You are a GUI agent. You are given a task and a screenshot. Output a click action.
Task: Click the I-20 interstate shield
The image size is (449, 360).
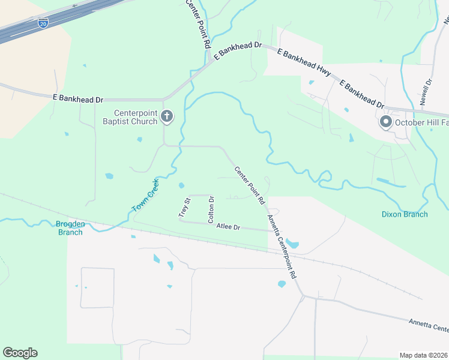pos(43,23)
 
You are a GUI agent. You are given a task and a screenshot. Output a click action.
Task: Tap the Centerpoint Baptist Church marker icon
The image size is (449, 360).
pos(167,116)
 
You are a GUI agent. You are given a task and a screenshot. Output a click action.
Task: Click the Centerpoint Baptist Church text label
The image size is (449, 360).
pos(136,117)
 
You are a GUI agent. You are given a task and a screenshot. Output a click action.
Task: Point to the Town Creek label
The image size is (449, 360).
pos(145,196)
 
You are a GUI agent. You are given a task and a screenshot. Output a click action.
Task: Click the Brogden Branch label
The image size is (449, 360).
pos(70,228)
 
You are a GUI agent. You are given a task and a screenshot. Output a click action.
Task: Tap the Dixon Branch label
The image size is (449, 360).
pos(405,214)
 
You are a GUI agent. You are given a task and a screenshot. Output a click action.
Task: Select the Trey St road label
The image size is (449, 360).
pos(183,207)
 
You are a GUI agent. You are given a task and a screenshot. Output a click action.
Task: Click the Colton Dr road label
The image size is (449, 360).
pos(211,209)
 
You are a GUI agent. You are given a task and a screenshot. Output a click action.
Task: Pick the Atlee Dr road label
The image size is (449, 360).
pos(228,227)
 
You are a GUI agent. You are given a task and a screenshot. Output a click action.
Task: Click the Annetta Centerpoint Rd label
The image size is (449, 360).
pos(282,246)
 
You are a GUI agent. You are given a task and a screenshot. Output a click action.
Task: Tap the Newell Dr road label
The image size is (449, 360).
pos(426,92)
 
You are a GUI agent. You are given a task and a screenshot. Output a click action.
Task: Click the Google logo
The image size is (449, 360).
pos(20,353)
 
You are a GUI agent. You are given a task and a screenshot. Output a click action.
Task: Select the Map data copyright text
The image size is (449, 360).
pos(424,355)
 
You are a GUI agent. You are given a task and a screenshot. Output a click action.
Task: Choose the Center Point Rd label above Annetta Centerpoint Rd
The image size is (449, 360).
pos(249,186)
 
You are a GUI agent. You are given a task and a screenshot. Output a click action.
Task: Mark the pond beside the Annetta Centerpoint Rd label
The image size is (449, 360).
pos(293,244)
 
